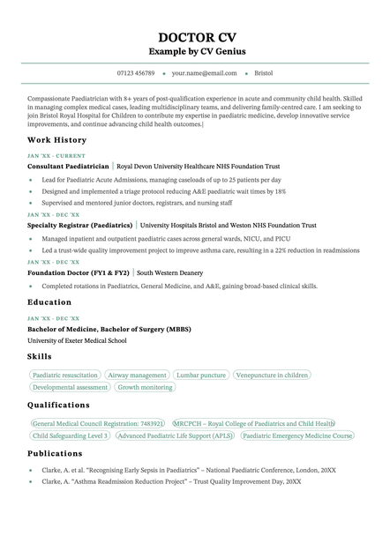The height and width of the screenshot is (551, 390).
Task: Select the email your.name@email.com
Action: (x=205, y=73)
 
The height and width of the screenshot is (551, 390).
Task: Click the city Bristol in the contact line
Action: (x=263, y=73)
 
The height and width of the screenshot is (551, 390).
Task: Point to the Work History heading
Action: (x=57, y=140)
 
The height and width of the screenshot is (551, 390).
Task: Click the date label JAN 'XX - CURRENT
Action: (x=56, y=156)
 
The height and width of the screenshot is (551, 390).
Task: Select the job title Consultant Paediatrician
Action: (x=69, y=166)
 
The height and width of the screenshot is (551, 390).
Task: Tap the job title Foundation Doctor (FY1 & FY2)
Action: (x=79, y=273)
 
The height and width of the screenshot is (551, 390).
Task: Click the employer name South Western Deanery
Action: (x=169, y=273)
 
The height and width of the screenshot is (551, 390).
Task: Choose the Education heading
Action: (x=49, y=302)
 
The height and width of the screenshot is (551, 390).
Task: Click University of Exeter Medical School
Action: (x=77, y=340)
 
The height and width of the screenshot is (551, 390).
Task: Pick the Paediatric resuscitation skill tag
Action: (x=65, y=375)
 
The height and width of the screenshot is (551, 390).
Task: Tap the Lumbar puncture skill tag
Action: (x=201, y=375)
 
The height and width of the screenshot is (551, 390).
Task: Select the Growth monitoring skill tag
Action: (x=146, y=387)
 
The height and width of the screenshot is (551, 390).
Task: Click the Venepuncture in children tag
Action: (x=273, y=375)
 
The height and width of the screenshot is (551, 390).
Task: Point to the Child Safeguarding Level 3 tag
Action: (x=70, y=436)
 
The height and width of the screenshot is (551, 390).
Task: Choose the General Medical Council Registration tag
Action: (x=97, y=423)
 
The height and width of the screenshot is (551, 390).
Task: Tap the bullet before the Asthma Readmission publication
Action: (x=31, y=482)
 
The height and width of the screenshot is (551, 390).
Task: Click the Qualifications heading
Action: (x=58, y=406)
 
